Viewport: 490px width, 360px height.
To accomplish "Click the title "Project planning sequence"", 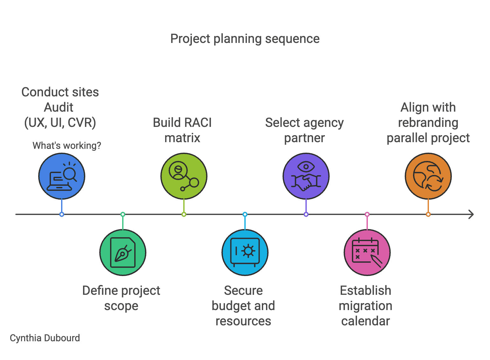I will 245,39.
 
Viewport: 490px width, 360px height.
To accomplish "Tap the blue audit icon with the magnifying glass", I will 62,176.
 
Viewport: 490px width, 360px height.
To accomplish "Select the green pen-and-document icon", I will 123,253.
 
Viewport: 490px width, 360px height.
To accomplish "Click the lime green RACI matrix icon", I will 184,176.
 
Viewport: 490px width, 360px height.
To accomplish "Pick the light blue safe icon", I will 245,253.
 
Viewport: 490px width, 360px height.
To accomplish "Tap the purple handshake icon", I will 306,176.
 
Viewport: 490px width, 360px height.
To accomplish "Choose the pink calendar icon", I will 367,253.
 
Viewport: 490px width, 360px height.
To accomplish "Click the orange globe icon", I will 428,176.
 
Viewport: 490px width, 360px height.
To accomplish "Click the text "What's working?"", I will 67,146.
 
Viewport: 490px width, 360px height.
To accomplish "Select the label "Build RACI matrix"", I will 182,130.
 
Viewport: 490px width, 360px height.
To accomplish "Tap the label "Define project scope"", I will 121,298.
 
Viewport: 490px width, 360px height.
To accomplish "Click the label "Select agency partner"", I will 304,130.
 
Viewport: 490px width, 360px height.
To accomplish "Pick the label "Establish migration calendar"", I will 366,306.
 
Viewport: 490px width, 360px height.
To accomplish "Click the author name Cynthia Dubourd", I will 45,338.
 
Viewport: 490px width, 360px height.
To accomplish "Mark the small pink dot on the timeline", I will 367,214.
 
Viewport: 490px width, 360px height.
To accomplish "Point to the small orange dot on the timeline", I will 428,214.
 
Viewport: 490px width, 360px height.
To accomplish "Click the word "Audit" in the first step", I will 59,107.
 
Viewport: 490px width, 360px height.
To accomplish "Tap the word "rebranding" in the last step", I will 428,123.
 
